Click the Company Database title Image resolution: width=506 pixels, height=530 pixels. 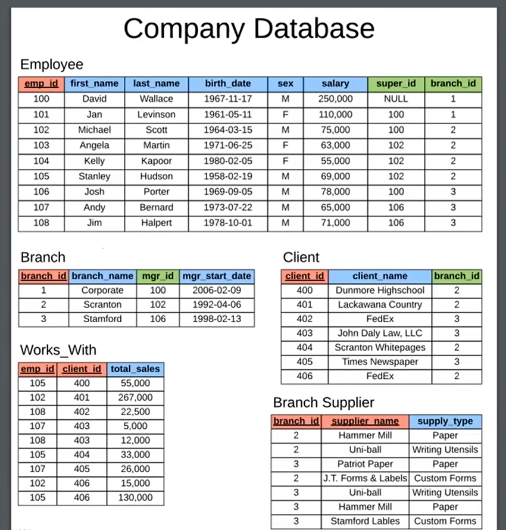coord(249,28)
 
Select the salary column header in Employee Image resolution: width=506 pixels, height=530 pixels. coord(335,84)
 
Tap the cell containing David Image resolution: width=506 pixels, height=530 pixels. coord(94,99)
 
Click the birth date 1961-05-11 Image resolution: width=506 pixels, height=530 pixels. coord(227,114)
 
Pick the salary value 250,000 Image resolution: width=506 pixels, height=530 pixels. coord(335,99)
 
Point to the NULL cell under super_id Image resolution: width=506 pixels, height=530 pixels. coord(396,99)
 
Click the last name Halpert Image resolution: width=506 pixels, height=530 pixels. coord(157,223)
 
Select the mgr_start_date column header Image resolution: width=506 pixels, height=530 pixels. coord(217,276)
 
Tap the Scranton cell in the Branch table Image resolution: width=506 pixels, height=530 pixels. coord(102,304)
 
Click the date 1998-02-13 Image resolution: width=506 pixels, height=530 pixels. coord(217,319)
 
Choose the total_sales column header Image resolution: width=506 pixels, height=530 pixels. coord(135,369)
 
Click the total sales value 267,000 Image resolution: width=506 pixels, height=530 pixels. coord(135,397)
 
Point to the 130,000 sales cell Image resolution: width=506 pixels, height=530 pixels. coord(135,497)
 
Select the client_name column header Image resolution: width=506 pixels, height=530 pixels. coord(380,276)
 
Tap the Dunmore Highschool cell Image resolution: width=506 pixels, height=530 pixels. coord(380,290)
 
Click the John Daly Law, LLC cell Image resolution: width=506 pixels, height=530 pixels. coord(380,333)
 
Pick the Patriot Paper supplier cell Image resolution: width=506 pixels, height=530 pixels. coord(365,464)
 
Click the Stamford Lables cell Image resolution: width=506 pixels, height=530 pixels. coord(365,520)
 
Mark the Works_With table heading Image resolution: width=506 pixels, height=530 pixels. coord(58,350)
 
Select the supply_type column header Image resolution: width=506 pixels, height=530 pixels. coord(445,422)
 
